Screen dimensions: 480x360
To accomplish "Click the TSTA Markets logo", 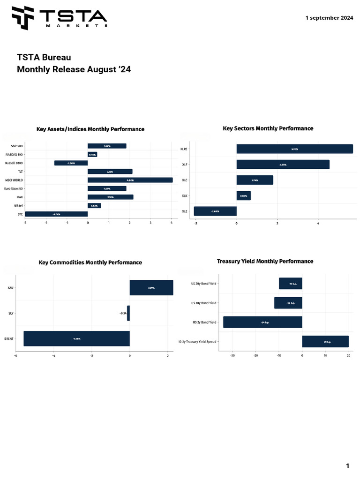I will (60, 18).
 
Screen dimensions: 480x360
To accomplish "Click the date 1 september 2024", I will (329, 18).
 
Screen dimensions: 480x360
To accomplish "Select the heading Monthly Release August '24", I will (74, 69).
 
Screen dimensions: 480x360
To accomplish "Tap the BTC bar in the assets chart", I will (56, 214).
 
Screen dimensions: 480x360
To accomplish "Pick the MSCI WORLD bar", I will (130, 180).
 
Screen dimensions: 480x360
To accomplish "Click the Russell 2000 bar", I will (71, 163).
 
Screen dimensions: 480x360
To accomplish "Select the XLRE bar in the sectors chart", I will (294, 149).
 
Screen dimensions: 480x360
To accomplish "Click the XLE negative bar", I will (215, 211).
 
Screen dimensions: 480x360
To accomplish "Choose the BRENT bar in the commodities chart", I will (76, 338).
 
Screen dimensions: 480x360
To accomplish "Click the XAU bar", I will (151, 287).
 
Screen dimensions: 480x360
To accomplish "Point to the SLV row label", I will (11, 313).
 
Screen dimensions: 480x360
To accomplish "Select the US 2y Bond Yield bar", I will (262, 322).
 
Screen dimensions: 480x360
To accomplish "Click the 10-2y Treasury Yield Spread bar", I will (325, 341).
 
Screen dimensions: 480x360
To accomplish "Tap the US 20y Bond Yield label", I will (204, 284).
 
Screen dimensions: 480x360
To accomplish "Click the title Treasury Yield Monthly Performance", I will (265, 261).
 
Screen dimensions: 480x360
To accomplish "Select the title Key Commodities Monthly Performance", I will (90, 262).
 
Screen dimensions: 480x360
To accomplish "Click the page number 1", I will (347, 465).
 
